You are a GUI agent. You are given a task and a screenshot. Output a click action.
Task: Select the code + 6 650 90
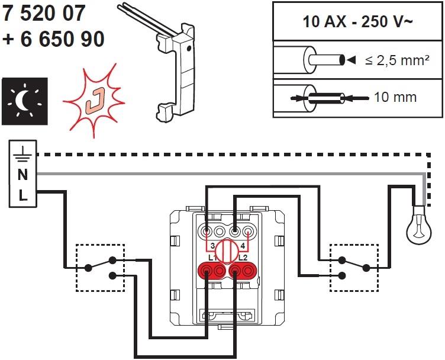point(53,38)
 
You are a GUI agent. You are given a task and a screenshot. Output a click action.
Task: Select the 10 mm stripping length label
point(395,96)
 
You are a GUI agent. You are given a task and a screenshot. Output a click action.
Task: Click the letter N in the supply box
point(22,175)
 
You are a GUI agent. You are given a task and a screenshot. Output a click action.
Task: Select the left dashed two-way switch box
point(100,268)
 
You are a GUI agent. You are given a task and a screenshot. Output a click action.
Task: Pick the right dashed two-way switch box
point(353,268)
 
